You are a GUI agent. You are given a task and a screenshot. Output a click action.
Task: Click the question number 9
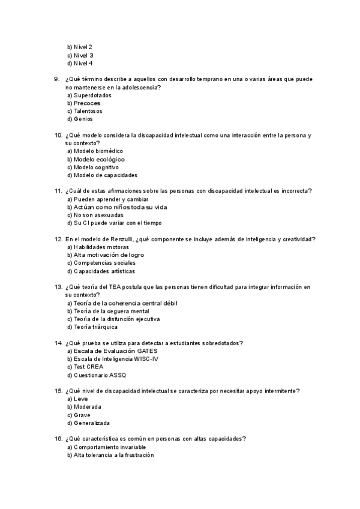pos(56,79)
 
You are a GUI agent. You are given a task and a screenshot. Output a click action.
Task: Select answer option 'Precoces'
pos(87,103)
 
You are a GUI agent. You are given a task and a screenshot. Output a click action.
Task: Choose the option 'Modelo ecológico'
pos(99,159)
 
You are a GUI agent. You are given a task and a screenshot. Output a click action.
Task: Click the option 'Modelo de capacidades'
pos(106,175)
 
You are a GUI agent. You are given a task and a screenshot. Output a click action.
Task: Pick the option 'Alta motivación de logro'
pos(109,255)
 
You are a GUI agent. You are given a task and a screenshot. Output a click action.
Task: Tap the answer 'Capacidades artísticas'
pos(105,271)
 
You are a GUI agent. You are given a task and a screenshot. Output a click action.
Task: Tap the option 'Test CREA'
pos(89,367)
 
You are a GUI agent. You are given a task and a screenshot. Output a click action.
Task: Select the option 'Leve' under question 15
pos(81,399)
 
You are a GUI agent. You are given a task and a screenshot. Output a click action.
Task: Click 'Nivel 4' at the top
pos(83,63)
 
